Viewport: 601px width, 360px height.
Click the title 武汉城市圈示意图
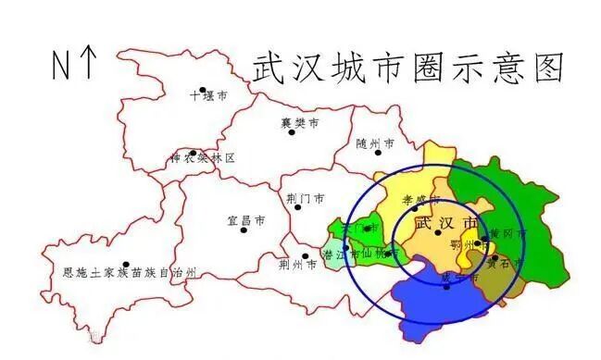point(408,67)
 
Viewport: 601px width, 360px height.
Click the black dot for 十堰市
point(203,91)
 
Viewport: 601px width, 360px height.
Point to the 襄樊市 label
point(300,122)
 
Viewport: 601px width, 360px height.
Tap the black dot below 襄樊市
point(292,132)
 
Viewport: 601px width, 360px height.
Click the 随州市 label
point(375,144)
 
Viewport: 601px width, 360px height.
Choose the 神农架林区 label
point(203,158)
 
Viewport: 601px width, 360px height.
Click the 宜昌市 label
point(246,221)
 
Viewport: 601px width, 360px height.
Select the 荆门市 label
point(306,198)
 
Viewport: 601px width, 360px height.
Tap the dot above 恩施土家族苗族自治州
point(126,265)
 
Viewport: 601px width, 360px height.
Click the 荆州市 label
point(297,264)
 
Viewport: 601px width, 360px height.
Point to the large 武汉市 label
point(447,224)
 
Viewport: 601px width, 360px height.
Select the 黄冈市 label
point(507,234)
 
